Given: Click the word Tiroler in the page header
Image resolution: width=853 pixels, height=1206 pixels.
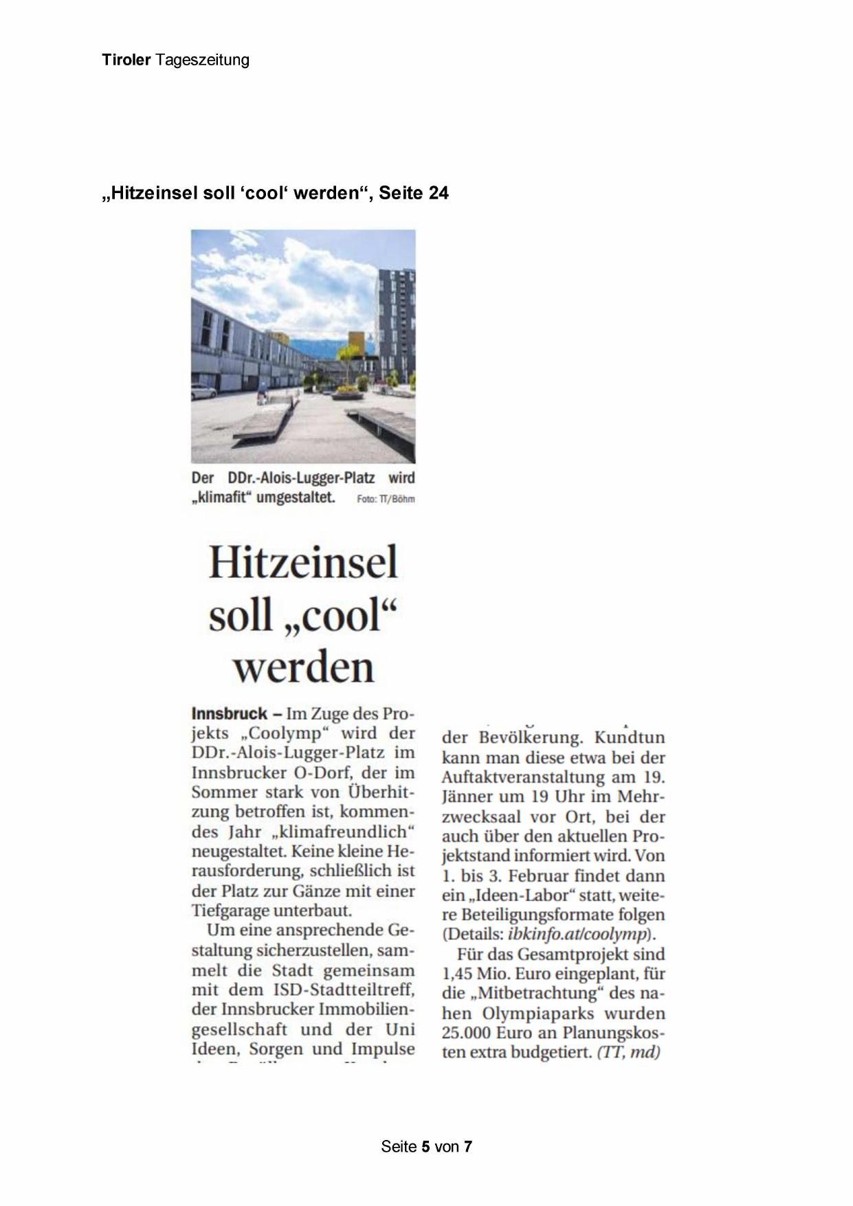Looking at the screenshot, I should click(x=126, y=60).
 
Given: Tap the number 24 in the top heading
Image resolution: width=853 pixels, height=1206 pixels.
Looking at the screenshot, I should click(x=438, y=193).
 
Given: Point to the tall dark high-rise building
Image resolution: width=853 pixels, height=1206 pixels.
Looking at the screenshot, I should click(x=396, y=323).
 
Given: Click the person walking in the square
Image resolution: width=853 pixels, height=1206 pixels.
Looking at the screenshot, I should click(x=261, y=397).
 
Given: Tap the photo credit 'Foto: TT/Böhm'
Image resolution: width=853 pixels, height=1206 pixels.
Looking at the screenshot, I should click(x=386, y=499).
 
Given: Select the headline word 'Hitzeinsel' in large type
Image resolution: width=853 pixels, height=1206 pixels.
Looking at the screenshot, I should click(x=303, y=562).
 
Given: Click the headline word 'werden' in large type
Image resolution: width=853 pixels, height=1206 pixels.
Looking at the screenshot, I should click(x=303, y=666).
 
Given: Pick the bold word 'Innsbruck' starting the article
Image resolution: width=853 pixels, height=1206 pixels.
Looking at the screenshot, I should click(x=229, y=713).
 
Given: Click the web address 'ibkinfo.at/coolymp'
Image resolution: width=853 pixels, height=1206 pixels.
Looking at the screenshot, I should click(x=578, y=935).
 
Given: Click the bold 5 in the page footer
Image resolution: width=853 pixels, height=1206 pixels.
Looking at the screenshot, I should click(x=426, y=1146).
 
